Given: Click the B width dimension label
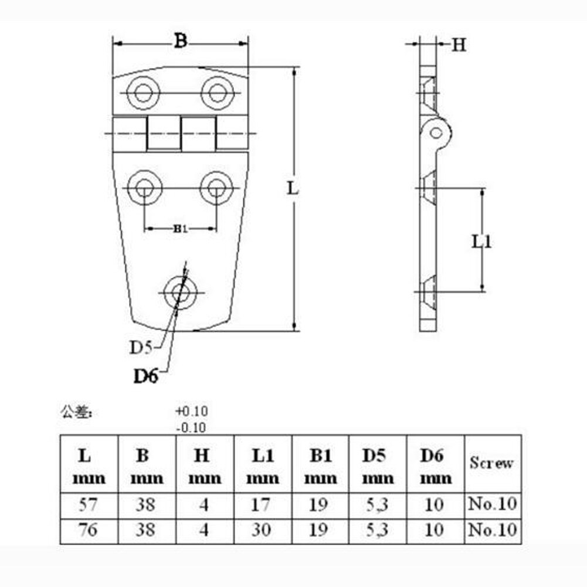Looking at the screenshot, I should (181, 41).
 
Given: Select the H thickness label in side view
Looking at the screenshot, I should (459, 45).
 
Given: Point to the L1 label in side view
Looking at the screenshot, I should (481, 240).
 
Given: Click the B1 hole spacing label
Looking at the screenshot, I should (180, 229).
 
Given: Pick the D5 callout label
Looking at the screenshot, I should (141, 348).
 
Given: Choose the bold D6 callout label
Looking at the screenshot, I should (146, 376).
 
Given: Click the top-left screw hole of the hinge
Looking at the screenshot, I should (142, 93).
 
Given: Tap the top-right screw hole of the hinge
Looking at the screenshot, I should (217, 93).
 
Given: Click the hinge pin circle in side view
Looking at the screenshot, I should (437, 132).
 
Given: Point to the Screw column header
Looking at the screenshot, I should (491, 463).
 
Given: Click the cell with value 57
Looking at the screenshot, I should (89, 504).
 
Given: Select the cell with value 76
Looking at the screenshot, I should (89, 530).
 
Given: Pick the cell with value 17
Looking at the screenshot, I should (263, 504).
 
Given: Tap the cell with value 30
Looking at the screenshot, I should (263, 530).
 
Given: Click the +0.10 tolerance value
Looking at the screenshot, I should (191, 410).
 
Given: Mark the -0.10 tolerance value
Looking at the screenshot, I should (191, 427).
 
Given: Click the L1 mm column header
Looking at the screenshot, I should (263, 466).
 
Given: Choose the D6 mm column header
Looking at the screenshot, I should (436, 466).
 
